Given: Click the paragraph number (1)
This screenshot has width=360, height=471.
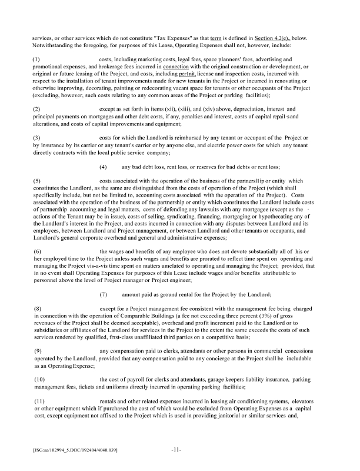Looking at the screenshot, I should (x=36, y=59).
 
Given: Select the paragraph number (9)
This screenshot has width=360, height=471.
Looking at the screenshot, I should (x=36, y=351).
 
